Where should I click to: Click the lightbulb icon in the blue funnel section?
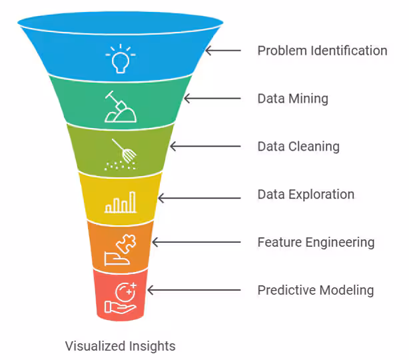point(120,59)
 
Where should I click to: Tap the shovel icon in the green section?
point(120,107)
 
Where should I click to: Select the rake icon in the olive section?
point(120,154)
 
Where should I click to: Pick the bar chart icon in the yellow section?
point(120,202)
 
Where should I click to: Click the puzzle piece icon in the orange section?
point(120,250)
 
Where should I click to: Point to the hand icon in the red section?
point(120,299)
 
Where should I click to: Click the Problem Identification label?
point(322,51)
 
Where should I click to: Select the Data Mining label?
point(292,99)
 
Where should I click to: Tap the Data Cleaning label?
point(298,147)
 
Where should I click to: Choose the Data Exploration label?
point(306,195)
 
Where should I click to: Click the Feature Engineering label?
point(316,243)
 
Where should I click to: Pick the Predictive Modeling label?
point(315,291)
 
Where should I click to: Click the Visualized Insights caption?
point(120,346)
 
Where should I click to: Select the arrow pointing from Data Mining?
point(212,99)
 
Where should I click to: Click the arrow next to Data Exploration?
point(199,198)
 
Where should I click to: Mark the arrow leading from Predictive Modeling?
point(193,291)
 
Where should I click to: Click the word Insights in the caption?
point(151,346)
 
